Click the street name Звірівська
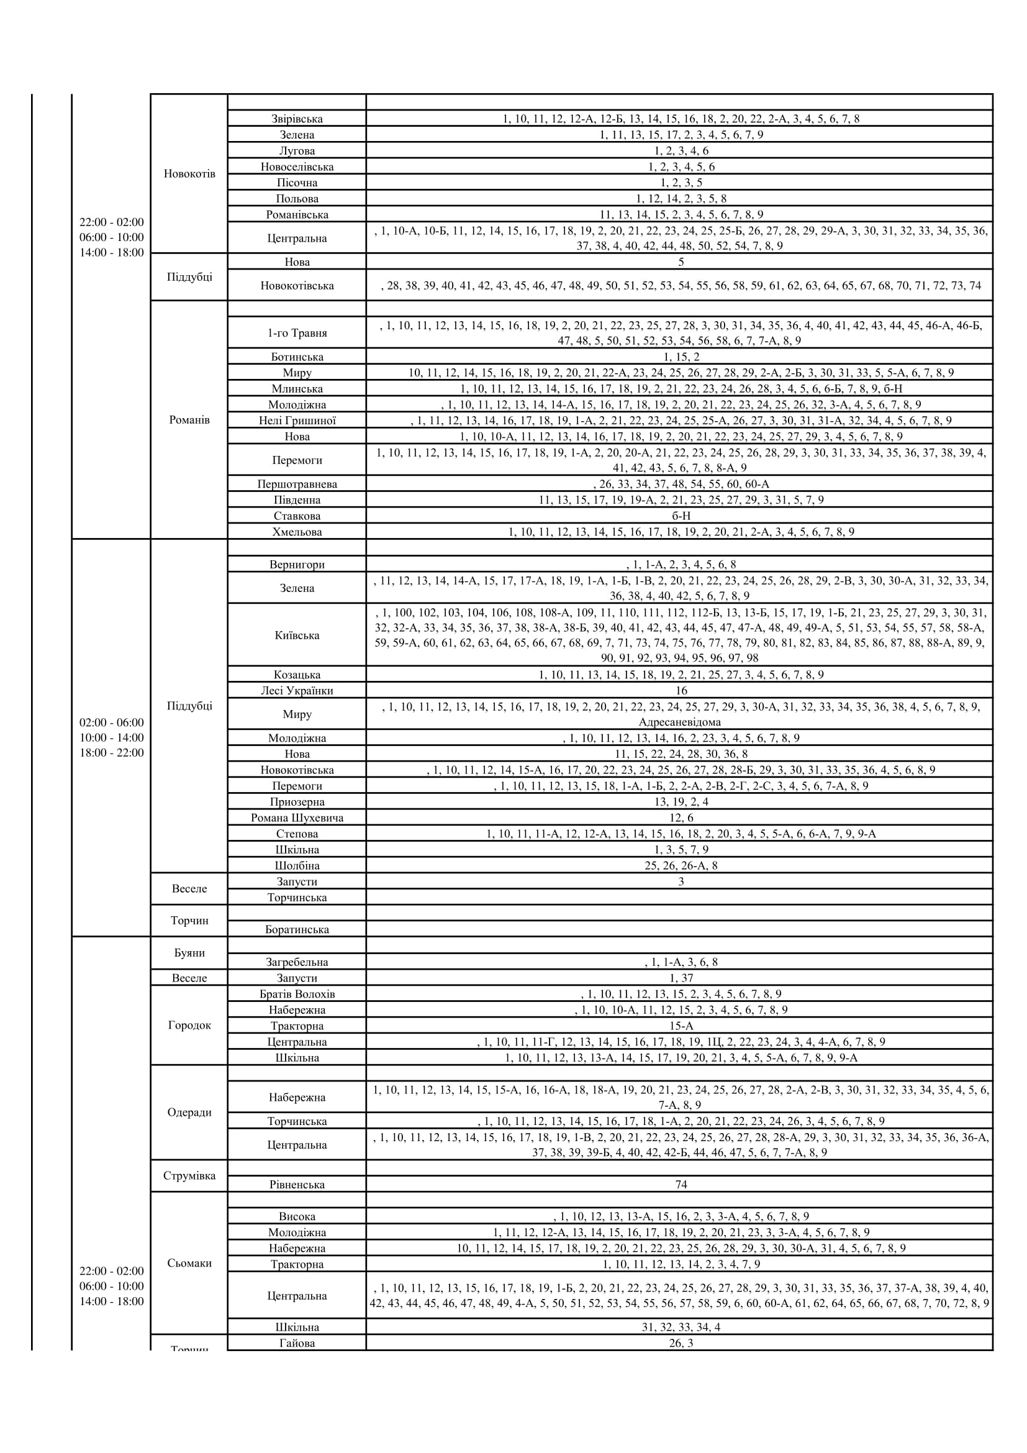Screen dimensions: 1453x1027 (297, 119)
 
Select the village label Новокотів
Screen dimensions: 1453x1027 (189, 173)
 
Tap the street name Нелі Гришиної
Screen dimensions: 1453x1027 (297, 421)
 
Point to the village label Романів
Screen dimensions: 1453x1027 (189, 420)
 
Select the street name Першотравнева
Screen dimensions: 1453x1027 (297, 485)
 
